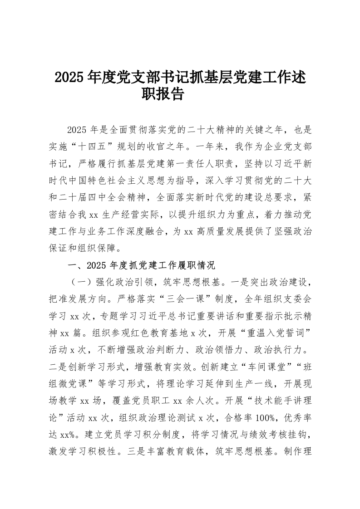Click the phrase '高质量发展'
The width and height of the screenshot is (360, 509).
click(x=219, y=231)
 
